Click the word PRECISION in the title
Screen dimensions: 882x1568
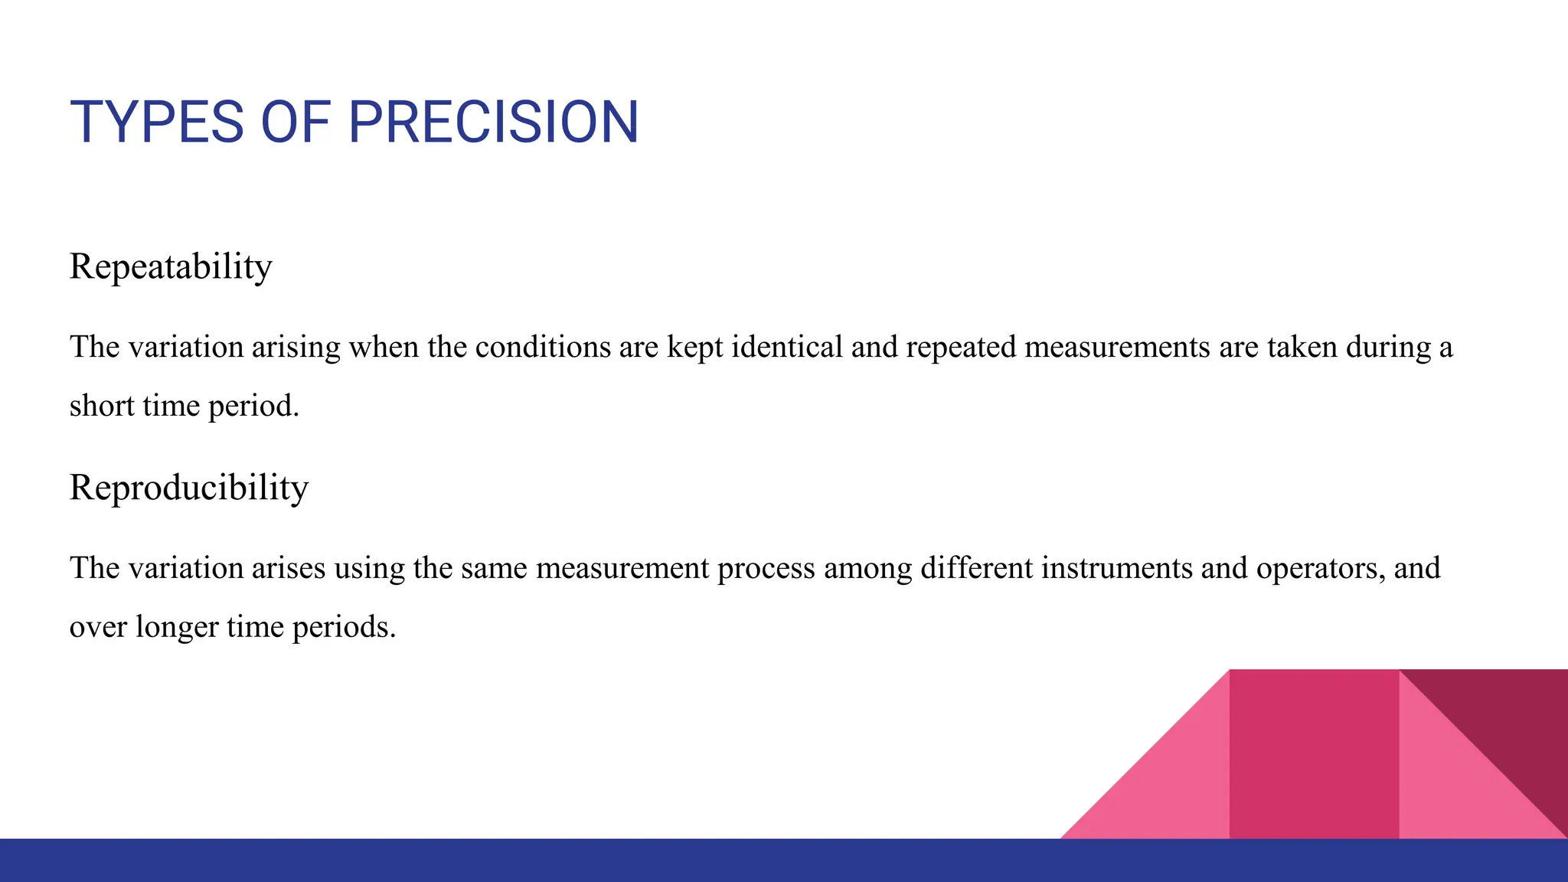coord(493,122)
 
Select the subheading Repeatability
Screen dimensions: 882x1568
coord(171,266)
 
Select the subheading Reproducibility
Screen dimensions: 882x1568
coord(189,487)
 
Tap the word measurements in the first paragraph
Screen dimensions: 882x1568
coord(1117,347)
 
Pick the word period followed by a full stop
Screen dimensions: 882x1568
coord(253,407)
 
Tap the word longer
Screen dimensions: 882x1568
coord(176,628)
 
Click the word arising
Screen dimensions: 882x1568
coord(296,347)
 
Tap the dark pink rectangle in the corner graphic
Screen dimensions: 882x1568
coord(1314,754)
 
